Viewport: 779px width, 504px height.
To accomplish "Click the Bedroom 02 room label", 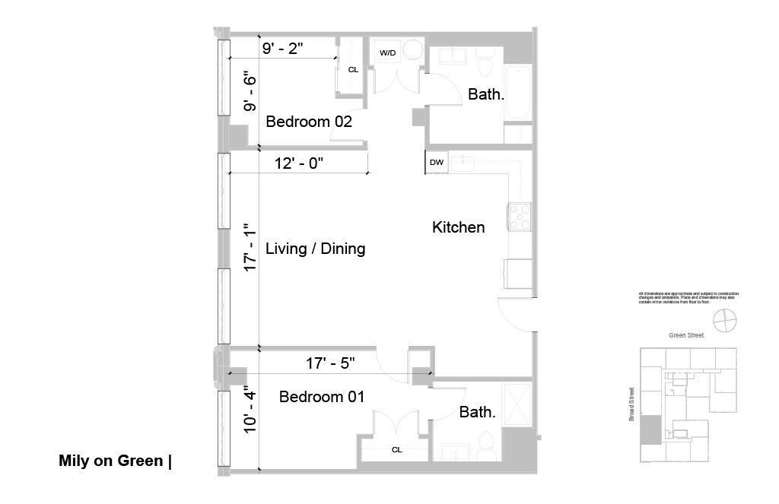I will tap(308, 122).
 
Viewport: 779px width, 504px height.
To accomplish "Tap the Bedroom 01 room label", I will tap(322, 397).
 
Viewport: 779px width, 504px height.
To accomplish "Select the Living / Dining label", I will tap(315, 249).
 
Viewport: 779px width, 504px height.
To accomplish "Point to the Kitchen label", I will tap(458, 227).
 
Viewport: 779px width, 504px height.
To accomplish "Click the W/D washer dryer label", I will tap(387, 53).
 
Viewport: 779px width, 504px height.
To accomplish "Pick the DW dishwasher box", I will tap(437, 163).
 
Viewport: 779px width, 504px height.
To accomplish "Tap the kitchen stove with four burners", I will tap(520, 217).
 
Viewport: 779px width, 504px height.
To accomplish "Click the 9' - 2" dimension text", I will tap(282, 49).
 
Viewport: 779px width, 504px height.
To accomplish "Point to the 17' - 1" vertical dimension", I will tap(248, 248).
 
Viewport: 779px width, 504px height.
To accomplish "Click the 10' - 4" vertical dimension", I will tap(248, 410).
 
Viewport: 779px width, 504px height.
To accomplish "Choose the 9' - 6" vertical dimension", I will tap(248, 91).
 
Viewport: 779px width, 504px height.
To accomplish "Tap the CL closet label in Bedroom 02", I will tap(353, 69).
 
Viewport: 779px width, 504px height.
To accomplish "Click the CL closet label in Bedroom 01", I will tap(396, 449).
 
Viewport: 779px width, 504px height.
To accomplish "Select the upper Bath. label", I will tap(485, 95).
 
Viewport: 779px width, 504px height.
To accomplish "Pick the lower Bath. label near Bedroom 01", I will tap(478, 413).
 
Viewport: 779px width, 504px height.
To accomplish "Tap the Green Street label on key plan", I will tap(685, 335).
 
